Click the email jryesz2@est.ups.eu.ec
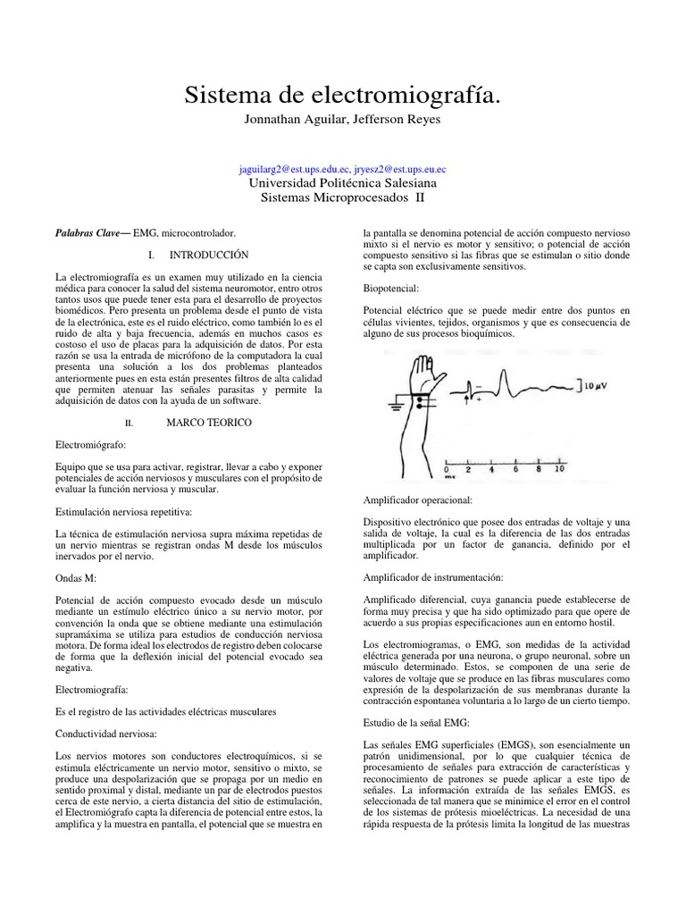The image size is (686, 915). [397, 168]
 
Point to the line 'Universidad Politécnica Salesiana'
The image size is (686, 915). [343, 182]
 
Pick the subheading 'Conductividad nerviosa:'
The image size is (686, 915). [106, 734]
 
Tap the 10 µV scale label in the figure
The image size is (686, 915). [592, 386]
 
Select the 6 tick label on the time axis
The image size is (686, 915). [516, 468]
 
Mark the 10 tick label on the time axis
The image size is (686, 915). [560, 468]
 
